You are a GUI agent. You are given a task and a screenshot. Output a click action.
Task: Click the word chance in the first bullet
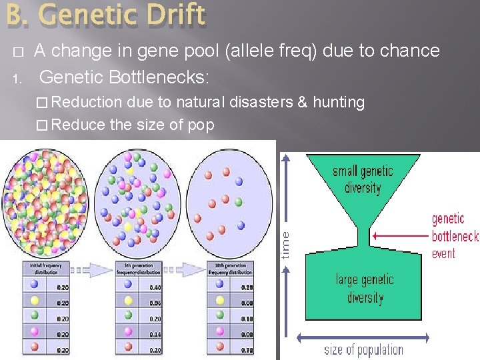pos(409,51)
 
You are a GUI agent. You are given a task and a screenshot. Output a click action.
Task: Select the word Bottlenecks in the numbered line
pos(163,77)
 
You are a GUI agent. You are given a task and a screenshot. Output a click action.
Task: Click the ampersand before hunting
pos(303,103)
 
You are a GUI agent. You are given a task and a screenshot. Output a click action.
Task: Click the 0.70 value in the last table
pos(247,350)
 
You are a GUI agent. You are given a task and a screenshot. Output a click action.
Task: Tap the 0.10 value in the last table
pos(247,319)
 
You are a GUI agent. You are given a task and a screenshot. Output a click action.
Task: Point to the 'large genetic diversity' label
pos(364,288)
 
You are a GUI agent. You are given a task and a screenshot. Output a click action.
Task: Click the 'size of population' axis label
pos(363,349)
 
